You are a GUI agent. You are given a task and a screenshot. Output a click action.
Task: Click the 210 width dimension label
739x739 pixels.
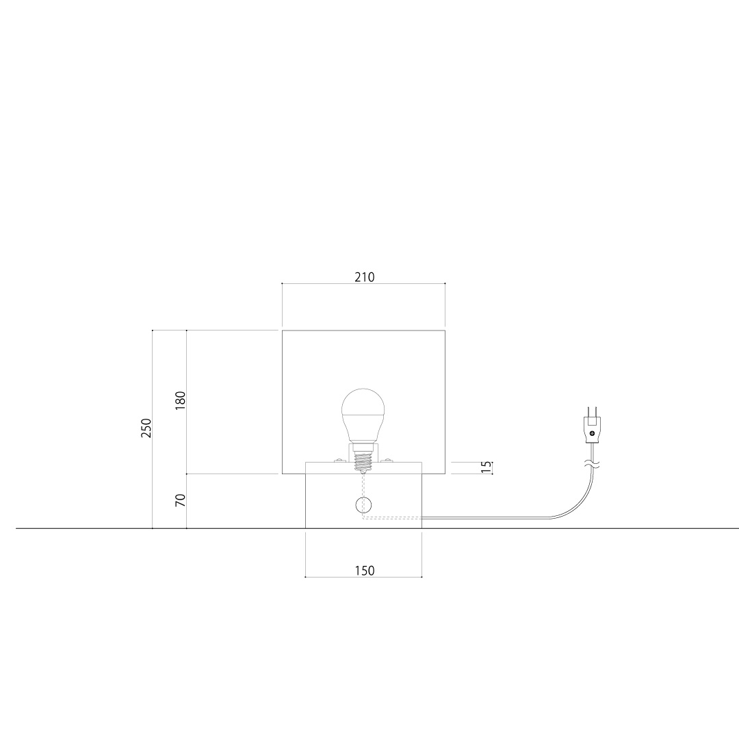364,277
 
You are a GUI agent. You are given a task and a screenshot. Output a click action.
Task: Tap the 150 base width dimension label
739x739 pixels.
364,571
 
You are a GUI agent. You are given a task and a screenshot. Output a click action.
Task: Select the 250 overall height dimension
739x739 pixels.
146,428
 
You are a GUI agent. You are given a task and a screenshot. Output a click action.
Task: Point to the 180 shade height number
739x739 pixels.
180,400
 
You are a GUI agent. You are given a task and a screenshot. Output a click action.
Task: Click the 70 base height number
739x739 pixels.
180,500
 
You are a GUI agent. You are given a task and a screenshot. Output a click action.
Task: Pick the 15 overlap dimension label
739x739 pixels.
486,467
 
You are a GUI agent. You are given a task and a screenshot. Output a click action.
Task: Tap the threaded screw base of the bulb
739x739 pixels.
363,461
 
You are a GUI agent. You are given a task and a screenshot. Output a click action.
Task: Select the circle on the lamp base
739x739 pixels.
363,505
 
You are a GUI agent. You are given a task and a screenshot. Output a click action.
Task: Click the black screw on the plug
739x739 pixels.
592,433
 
